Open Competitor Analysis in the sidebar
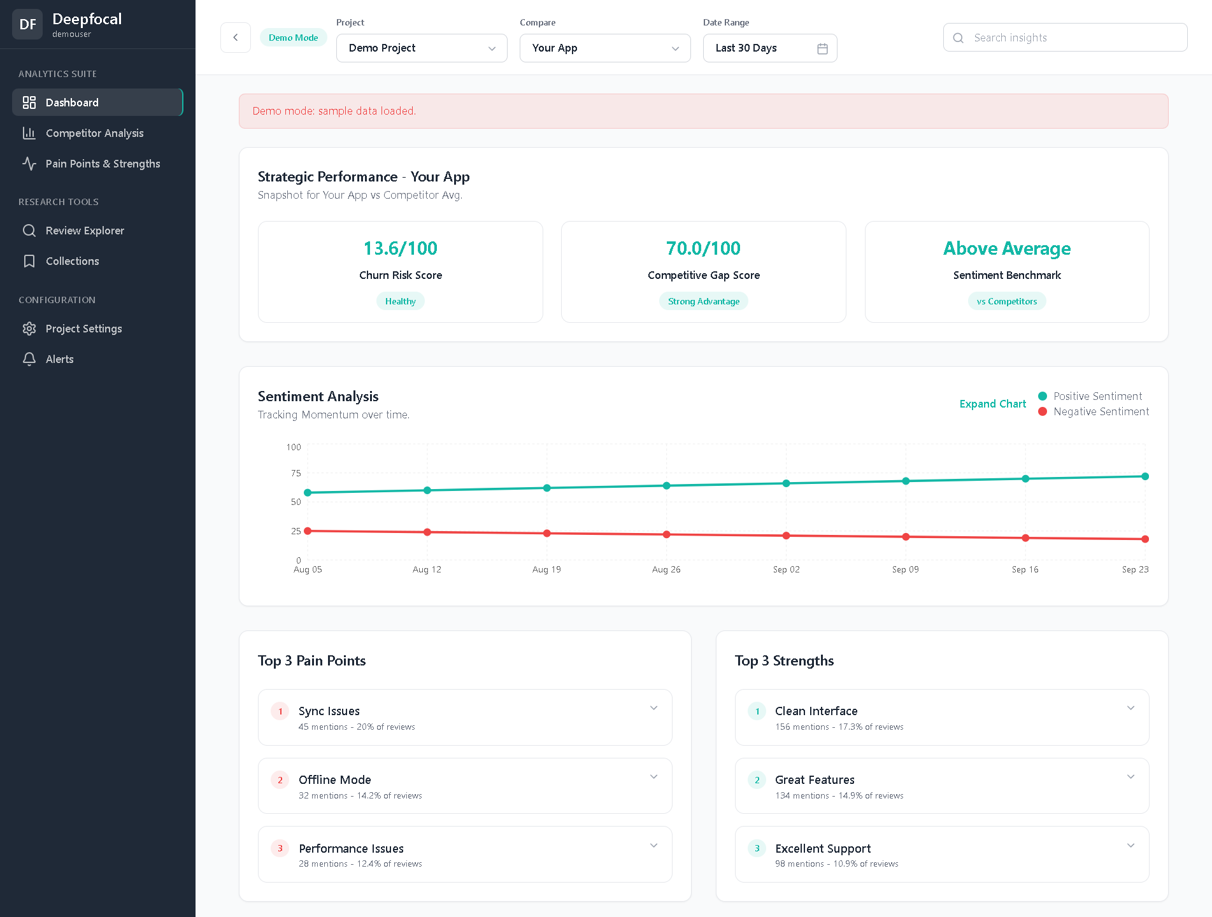click(x=94, y=133)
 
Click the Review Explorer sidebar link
click(x=85, y=231)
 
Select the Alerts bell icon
click(x=29, y=359)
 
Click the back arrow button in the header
click(x=236, y=38)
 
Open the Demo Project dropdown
click(x=421, y=48)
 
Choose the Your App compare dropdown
click(x=604, y=48)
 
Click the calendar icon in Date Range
click(x=822, y=48)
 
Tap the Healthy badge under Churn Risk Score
click(x=400, y=301)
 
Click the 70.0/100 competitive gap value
click(x=703, y=248)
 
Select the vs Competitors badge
click(x=1006, y=301)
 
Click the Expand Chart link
click(x=992, y=404)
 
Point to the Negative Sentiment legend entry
click(x=1101, y=411)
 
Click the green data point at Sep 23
click(x=1144, y=476)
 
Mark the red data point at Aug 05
click(x=308, y=531)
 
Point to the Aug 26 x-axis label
click(x=666, y=569)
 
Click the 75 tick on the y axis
click(x=296, y=473)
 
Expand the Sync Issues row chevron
click(x=653, y=708)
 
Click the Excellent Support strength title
click(x=822, y=848)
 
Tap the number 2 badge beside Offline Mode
click(x=280, y=779)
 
